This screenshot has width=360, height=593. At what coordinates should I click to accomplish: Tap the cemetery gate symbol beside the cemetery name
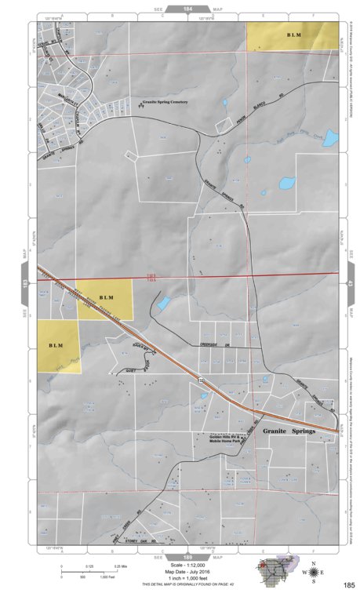135,103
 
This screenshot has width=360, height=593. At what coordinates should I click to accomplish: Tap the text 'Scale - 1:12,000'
180,564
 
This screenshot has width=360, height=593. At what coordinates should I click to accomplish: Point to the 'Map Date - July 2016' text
180,570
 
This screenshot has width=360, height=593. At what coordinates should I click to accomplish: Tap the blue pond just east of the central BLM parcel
163,304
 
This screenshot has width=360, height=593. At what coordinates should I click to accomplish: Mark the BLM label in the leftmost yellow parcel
56,345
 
